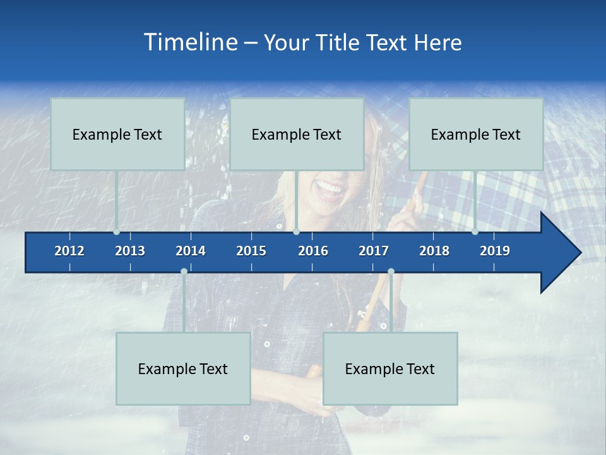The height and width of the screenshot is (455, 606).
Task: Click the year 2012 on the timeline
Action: (x=69, y=251)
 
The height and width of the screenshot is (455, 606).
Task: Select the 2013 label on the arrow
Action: (x=130, y=251)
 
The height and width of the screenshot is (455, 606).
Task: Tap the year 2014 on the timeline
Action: (x=191, y=251)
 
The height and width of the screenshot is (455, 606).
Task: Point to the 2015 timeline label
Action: (x=251, y=251)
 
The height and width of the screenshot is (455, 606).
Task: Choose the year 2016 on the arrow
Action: (x=313, y=251)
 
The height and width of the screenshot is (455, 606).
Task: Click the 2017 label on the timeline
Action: (x=374, y=251)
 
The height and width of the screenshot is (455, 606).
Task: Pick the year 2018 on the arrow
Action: (x=434, y=251)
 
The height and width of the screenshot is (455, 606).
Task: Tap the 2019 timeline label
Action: (x=495, y=251)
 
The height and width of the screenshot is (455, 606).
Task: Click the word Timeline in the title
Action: (x=189, y=42)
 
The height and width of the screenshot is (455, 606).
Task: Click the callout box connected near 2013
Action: (x=117, y=134)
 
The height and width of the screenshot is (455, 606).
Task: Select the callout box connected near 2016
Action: (x=297, y=134)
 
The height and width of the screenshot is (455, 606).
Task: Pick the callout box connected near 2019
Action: (x=476, y=134)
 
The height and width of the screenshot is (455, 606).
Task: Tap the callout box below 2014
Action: (x=183, y=368)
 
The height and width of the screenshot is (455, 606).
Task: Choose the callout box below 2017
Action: (x=390, y=368)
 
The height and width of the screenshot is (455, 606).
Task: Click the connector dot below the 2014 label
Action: (x=184, y=272)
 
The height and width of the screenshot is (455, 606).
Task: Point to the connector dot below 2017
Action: (x=391, y=272)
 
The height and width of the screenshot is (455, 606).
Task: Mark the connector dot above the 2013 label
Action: (x=117, y=232)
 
